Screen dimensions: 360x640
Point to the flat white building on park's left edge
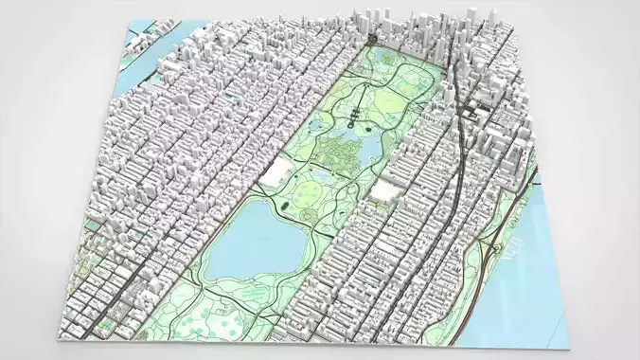tap(277, 172)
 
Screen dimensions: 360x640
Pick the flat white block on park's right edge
tap(384, 190)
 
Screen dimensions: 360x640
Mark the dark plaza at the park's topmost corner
tap(375, 41)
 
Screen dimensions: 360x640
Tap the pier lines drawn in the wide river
tap(517, 248)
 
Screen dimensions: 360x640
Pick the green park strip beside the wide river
tap(473, 284)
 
